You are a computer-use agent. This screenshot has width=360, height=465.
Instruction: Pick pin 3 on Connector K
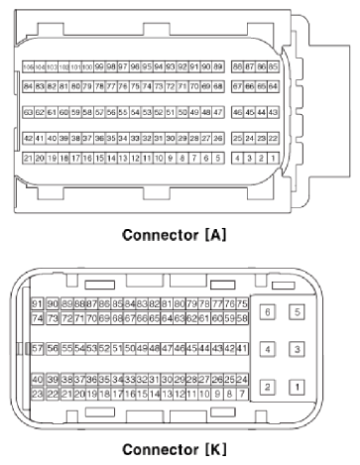coord(297,349)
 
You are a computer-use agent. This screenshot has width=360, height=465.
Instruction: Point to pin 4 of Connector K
coord(268,349)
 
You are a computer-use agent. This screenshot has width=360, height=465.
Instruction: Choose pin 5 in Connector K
coord(297,312)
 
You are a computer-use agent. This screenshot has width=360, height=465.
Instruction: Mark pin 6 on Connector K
coord(268,312)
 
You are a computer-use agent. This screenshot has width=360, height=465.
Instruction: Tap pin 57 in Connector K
coord(38,350)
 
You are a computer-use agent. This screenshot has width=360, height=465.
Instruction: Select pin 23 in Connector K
coord(38,394)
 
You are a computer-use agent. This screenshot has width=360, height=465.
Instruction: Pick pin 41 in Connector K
coord(241,350)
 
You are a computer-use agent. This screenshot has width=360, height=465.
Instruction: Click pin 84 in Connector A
coord(28,86)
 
